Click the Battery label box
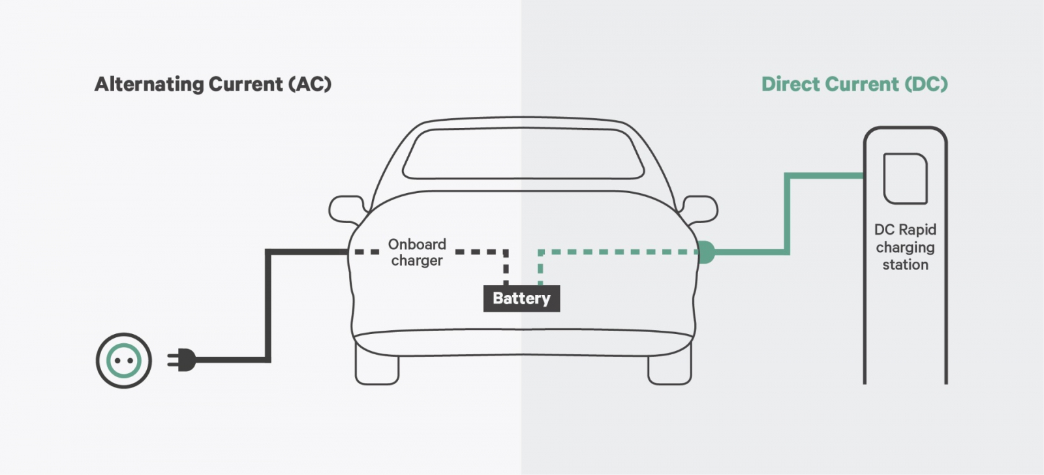click(521, 298)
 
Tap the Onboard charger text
click(417, 252)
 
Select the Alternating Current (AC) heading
click(213, 84)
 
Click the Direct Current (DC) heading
click(854, 84)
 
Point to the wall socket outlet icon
click(124, 360)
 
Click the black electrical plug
click(182, 360)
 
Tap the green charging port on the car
click(705, 252)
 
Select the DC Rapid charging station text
click(905, 247)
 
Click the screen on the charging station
click(905, 179)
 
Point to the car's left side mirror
click(346, 209)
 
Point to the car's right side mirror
click(699, 209)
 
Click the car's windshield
click(522, 154)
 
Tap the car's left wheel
click(376, 369)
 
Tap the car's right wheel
click(669, 369)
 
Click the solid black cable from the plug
click(268, 307)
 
